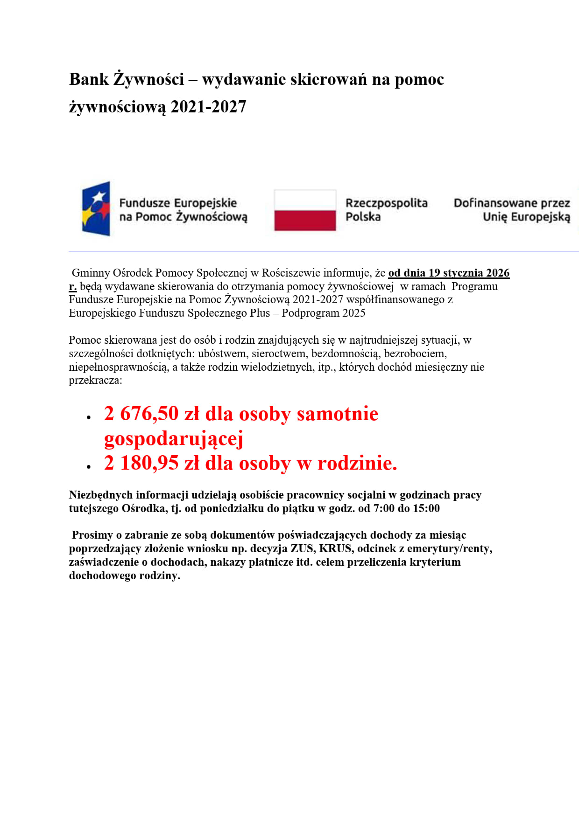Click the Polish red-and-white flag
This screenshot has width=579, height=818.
point(305,210)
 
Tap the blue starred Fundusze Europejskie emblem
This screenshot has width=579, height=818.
point(96,208)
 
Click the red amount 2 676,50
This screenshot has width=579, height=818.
point(141,414)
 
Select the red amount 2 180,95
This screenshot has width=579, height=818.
point(141,463)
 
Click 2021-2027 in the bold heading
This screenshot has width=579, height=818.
point(208,107)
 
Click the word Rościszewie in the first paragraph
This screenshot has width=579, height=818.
point(291,273)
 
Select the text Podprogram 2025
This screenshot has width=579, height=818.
point(323,313)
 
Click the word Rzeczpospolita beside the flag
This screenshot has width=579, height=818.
point(386,203)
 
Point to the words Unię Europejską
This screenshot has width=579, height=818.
point(526,217)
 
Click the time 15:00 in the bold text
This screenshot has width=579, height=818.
point(426,508)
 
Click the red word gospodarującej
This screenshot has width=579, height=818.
point(174,439)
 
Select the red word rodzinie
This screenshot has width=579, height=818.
point(357,463)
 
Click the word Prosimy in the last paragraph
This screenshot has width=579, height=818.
point(92,535)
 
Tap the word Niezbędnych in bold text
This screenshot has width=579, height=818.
point(100,495)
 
